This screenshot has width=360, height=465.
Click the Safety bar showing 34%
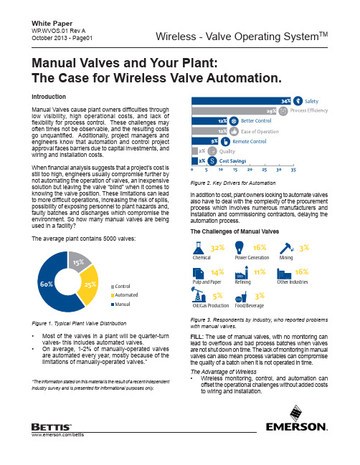click(241, 101)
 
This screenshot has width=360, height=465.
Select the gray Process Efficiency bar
click(235, 111)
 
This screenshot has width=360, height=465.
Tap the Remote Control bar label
click(250, 142)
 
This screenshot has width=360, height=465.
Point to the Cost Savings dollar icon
click(212, 161)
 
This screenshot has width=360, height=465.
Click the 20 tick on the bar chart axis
click(250, 170)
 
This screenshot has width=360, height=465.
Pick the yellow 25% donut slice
click(89, 284)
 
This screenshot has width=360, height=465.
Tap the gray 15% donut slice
click(78, 261)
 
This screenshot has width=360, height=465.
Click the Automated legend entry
click(124, 295)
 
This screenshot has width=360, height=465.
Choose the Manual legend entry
click(120, 305)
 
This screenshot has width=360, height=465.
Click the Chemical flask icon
click(199, 248)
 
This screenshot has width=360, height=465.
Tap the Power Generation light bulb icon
click(240, 247)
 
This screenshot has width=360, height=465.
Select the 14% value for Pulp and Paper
click(217, 272)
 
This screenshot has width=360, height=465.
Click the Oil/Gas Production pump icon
click(199, 294)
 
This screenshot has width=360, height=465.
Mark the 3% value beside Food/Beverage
click(260, 296)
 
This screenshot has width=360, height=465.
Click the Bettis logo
click(52, 427)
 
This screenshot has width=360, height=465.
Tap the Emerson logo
click(296, 418)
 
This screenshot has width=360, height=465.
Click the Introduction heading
click(49, 97)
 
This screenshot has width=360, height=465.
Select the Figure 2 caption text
click(233, 183)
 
